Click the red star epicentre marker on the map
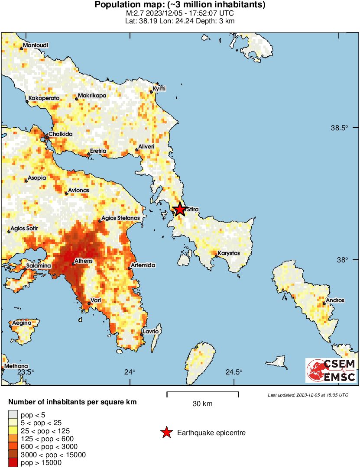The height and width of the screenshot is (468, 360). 179,209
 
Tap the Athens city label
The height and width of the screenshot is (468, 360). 83,261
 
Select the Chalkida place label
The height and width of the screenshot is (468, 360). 60,134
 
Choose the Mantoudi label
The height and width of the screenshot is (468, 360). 36,45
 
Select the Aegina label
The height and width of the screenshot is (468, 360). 21,323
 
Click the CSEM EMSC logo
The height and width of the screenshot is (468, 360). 331,371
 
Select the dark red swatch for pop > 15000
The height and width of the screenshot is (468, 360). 13,462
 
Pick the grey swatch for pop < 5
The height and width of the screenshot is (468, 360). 13,415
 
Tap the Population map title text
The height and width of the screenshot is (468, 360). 180,5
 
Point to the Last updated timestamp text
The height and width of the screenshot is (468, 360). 308,395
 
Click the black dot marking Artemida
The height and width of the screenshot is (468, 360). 130,268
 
